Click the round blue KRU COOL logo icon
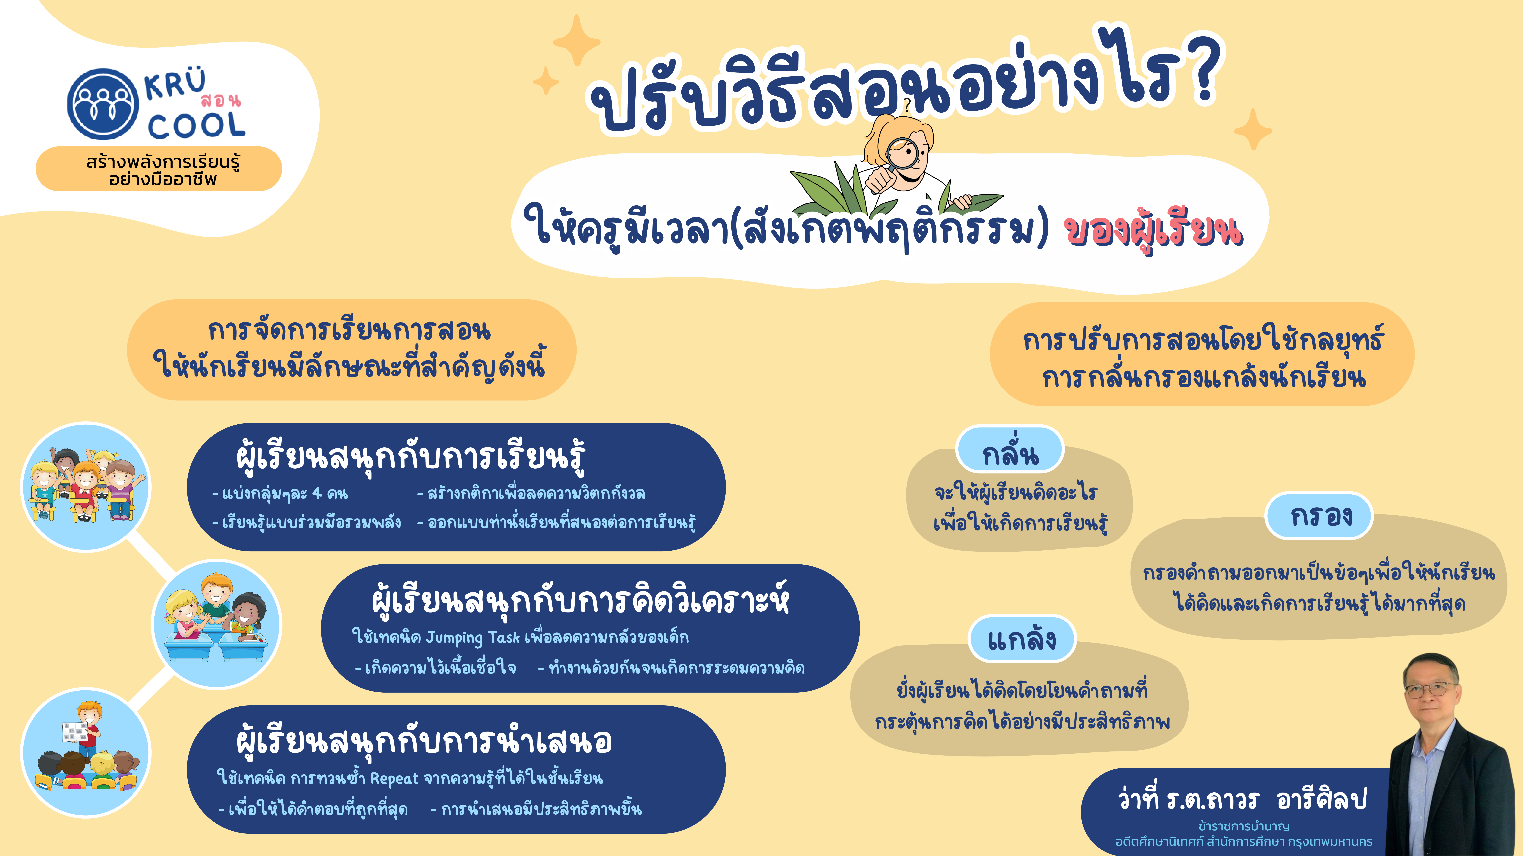(103, 104)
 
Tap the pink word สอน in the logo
(221, 100)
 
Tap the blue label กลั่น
(1010, 453)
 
